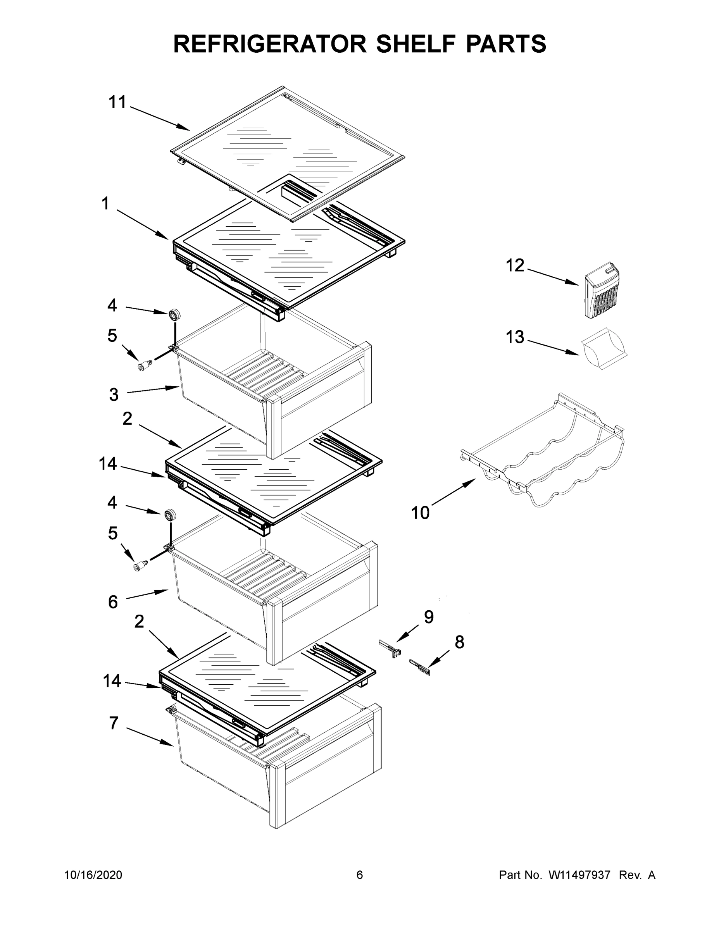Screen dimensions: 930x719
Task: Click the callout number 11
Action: (117, 102)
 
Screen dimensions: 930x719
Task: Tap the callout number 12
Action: (515, 266)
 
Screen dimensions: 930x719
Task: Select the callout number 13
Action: (515, 337)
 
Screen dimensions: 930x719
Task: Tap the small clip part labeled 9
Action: (391, 649)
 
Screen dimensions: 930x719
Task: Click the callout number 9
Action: (429, 617)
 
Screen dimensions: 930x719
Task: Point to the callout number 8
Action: (459, 642)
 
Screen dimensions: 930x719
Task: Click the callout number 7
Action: (113, 723)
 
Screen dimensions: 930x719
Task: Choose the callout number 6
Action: (113, 602)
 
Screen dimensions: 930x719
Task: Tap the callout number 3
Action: (114, 394)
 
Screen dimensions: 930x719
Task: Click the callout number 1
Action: (105, 203)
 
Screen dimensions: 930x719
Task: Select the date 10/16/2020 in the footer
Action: (93, 875)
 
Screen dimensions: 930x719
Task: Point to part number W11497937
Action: (579, 875)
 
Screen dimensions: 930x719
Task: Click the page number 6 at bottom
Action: (360, 875)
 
